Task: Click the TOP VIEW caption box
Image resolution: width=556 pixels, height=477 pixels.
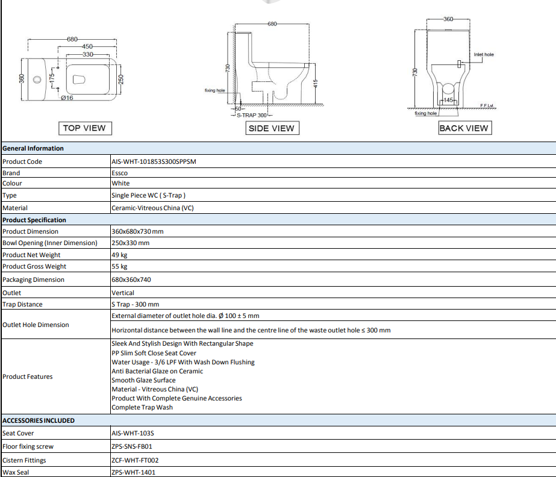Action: pos(85,128)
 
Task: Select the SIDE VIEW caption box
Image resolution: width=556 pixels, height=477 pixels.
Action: pos(272,128)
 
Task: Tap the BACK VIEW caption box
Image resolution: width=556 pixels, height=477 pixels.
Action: pos(465,128)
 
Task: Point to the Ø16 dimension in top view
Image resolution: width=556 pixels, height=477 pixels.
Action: pos(67,98)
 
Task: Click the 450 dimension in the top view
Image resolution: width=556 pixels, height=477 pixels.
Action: pos(87,46)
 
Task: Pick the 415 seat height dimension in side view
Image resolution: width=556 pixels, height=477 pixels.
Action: pos(316,84)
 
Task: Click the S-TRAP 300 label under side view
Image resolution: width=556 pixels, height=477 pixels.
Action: pos(252,115)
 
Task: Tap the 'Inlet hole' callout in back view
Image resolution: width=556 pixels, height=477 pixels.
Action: pos(484,54)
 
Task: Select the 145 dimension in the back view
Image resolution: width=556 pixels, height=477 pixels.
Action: pos(448,100)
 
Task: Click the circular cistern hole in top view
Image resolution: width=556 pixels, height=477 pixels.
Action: pos(37,79)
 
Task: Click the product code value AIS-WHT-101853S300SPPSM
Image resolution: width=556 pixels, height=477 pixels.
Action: pos(154,161)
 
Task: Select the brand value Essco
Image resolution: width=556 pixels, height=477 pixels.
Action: pos(119,173)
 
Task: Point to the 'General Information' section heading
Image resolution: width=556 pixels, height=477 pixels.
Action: pos(33,148)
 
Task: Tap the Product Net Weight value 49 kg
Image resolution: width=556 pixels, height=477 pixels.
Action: pos(119,255)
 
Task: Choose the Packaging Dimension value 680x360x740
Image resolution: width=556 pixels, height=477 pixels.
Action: pos(131,279)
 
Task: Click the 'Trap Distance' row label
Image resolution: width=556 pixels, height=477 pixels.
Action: pos(22,304)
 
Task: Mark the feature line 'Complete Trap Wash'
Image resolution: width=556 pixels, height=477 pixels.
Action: pos(142,408)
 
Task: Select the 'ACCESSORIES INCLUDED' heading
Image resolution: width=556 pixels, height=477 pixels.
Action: pos(39,420)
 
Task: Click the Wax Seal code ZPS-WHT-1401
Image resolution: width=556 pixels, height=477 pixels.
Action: pos(133,472)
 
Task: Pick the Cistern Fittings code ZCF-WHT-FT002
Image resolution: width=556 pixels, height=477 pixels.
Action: pos(135,460)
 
